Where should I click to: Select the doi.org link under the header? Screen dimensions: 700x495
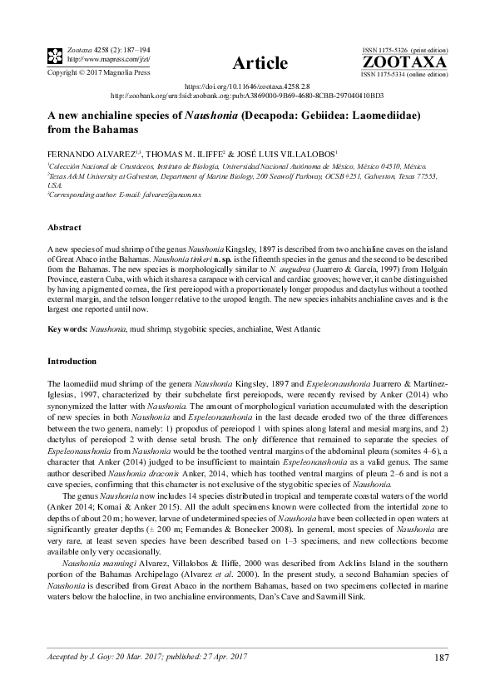pos(246,86)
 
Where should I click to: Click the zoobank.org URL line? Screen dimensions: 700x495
pos(246,96)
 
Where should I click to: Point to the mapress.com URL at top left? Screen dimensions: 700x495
pos(95,59)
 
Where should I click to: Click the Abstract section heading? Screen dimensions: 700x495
pos(64,227)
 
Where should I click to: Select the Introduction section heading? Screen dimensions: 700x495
pos(72,362)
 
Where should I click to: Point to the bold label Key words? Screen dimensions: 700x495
pos(67,330)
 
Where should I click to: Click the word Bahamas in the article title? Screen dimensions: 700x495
pos(102,131)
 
